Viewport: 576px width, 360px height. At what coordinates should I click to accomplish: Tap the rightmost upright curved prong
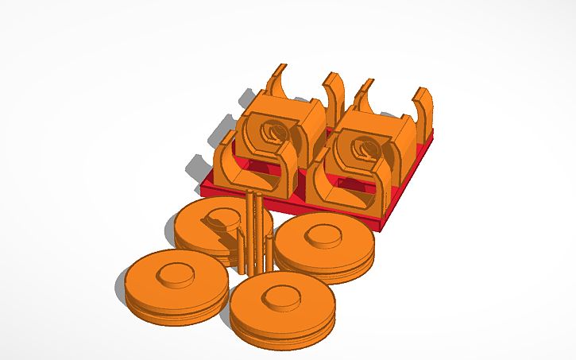pos(424,107)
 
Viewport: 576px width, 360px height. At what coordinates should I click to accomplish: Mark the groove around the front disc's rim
pos(282,327)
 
